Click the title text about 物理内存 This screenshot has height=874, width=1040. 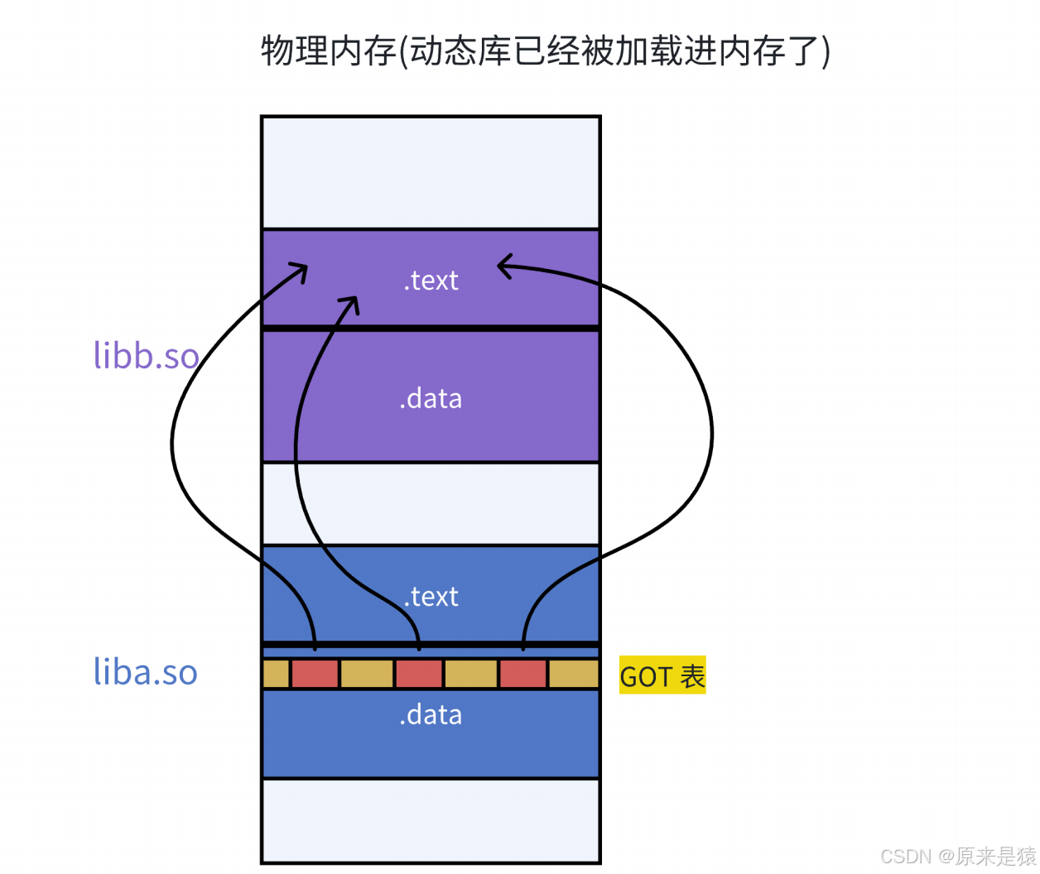click(546, 51)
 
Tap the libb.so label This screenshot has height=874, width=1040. click(146, 356)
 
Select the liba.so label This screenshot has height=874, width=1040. click(146, 672)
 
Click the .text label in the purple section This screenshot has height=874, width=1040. click(431, 281)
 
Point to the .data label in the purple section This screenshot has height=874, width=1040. click(431, 399)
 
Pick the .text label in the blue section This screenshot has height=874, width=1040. click(431, 597)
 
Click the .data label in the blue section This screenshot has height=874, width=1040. click(431, 715)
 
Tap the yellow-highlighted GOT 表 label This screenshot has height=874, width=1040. click(662, 676)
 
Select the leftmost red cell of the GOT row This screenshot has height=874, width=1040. click(315, 674)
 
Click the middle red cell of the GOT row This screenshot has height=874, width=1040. click(419, 674)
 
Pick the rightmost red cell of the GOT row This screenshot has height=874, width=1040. click(523, 674)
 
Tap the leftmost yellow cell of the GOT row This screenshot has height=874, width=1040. click(276, 674)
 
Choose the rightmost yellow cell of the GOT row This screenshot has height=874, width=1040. click(574, 674)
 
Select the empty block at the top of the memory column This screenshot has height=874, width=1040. click(431, 172)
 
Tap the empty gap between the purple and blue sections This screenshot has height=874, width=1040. click(431, 503)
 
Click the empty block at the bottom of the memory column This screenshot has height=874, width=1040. click(431, 820)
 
